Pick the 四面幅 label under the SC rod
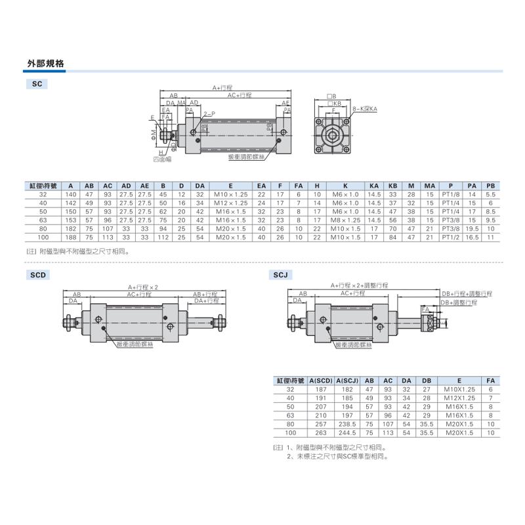click(x=161, y=159)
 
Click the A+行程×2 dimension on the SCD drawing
click(x=144, y=287)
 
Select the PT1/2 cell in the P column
click(x=451, y=238)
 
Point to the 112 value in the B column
click(x=163, y=238)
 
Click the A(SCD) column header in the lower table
click(x=322, y=381)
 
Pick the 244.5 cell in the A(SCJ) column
click(x=348, y=424)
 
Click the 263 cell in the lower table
click(x=322, y=432)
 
